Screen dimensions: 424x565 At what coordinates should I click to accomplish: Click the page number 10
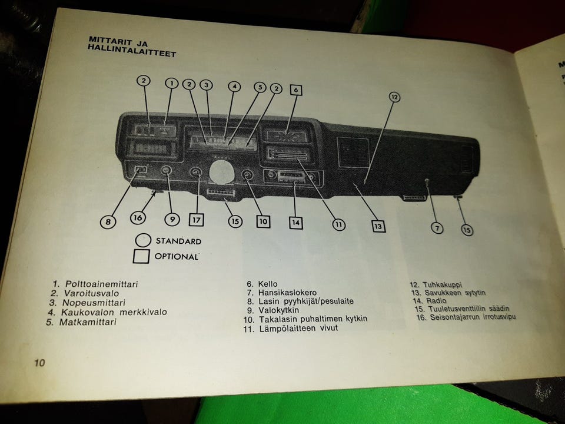(x=39, y=363)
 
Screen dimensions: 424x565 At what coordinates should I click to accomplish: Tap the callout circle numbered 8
(x=108, y=222)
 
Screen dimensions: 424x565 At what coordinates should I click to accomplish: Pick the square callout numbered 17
(x=196, y=220)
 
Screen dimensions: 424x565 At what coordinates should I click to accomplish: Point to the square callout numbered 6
(x=296, y=90)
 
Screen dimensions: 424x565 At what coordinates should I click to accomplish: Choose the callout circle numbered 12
(x=394, y=97)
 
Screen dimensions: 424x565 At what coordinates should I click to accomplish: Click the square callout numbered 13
(x=378, y=226)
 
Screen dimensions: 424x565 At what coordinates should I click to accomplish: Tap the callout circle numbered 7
(x=438, y=228)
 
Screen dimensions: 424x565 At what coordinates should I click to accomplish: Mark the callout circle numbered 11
(x=338, y=224)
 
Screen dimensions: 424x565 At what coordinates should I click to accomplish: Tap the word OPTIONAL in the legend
(x=176, y=257)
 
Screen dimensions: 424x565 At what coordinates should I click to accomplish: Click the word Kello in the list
(x=268, y=284)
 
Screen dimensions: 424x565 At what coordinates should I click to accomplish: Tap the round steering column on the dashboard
(x=221, y=171)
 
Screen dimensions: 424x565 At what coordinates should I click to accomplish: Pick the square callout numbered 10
(x=262, y=221)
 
